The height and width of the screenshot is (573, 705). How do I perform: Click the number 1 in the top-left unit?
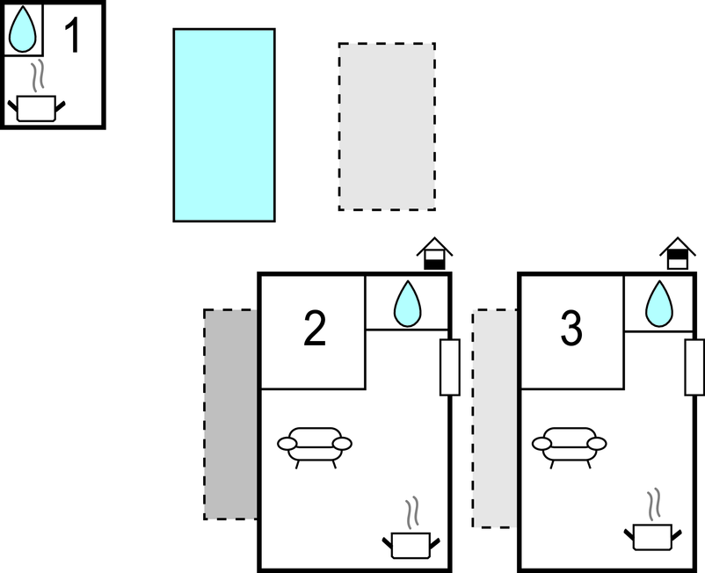pyautogui.click(x=74, y=36)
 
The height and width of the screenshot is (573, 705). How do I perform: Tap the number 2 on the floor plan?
pyautogui.click(x=315, y=330)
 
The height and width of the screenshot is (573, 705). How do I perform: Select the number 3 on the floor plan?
pyautogui.click(x=571, y=330)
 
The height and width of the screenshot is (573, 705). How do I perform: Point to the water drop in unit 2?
pyautogui.click(x=406, y=304)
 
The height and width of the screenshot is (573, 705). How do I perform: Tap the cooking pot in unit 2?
pyautogui.click(x=410, y=543)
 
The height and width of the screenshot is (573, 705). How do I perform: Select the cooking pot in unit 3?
pyautogui.click(x=651, y=535)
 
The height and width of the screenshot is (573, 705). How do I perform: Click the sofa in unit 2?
pyautogui.click(x=315, y=444)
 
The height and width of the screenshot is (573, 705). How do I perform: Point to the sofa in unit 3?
pyautogui.click(x=571, y=444)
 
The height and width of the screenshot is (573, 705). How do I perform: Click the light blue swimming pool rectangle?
pyautogui.click(x=224, y=125)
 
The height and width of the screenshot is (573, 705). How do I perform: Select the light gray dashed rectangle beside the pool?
pyautogui.click(x=387, y=127)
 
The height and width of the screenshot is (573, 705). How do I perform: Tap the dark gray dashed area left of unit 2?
pyautogui.click(x=230, y=414)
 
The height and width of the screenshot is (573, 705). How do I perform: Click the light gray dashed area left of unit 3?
pyautogui.click(x=495, y=418)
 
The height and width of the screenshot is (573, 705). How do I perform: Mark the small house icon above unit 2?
pyautogui.click(x=433, y=254)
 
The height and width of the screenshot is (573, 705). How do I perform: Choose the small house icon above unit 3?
pyautogui.click(x=678, y=254)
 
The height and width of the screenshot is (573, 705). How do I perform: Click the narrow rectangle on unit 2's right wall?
pyautogui.click(x=449, y=366)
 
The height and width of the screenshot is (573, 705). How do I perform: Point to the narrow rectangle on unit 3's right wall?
pyautogui.click(x=694, y=366)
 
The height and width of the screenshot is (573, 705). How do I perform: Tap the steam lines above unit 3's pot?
pyautogui.click(x=652, y=505)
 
